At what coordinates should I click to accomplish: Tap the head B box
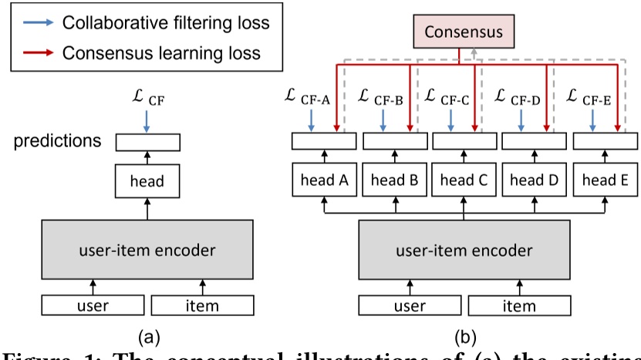coord(393,181)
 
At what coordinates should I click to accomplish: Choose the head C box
coord(464,181)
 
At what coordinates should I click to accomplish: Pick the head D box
coord(534,181)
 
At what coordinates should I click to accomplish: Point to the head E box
coord(604,181)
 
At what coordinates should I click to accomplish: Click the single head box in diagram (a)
coord(147,181)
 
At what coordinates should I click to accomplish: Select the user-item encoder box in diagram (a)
coord(147,250)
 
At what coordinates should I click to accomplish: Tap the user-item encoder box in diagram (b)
coord(464,250)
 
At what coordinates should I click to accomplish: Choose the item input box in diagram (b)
coord(518,306)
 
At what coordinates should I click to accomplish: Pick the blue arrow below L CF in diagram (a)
coord(147,120)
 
